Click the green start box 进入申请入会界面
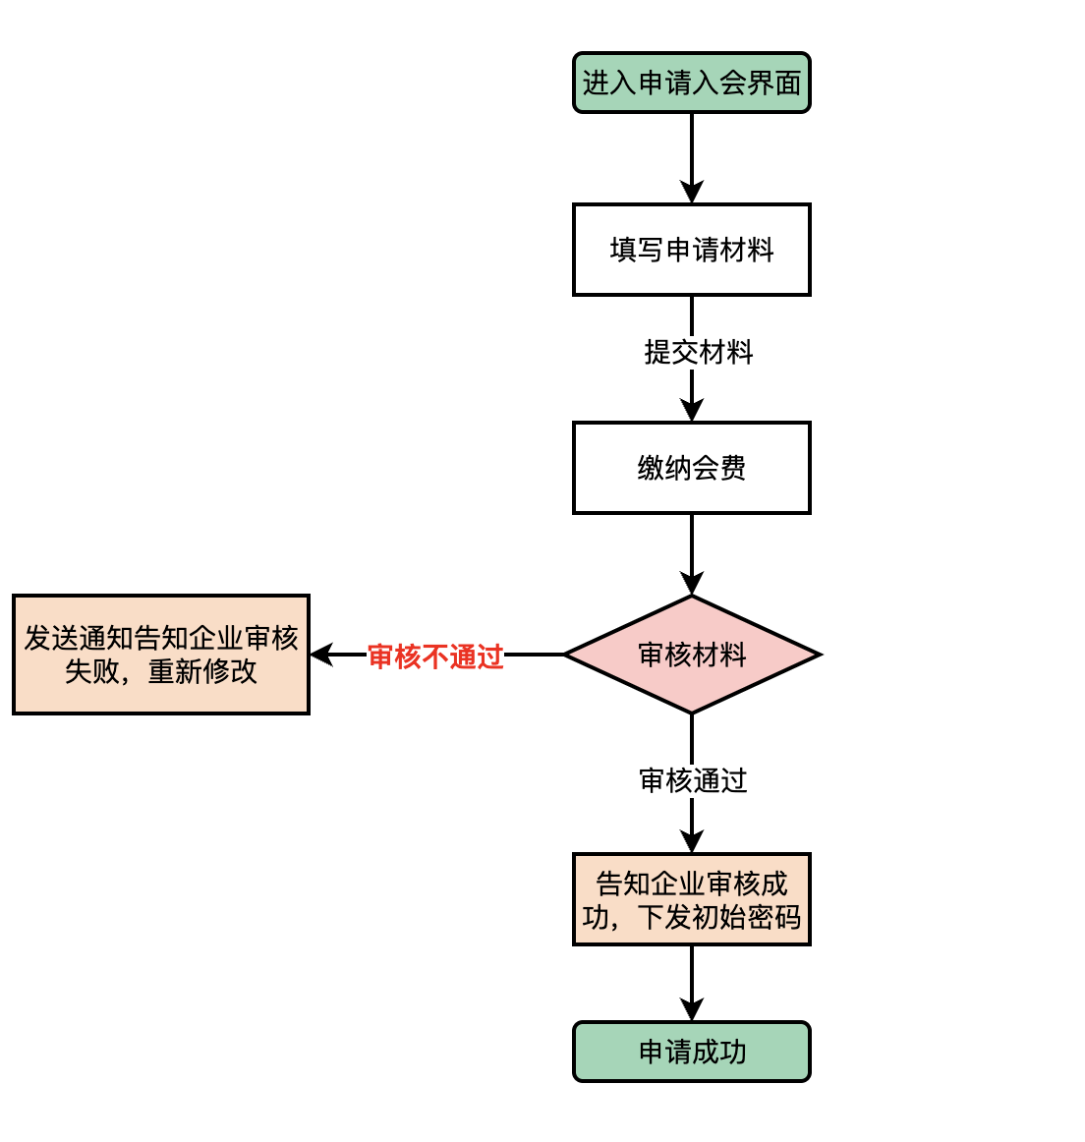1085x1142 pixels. point(691,83)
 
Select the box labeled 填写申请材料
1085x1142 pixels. point(691,250)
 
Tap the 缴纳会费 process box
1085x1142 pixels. point(691,468)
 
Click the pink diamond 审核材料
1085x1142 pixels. point(691,655)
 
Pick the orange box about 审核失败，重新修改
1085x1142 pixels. point(161,655)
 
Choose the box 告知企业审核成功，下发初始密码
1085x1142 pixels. point(691,899)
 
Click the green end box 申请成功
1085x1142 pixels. point(691,1052)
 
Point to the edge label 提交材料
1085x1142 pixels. point(698,352)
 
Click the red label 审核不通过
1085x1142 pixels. point(435,657)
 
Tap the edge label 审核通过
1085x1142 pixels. point(693,780)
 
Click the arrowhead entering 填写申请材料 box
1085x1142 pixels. point(692,193)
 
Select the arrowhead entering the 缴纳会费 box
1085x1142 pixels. point(692,411)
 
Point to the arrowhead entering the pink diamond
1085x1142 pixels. point(692,584)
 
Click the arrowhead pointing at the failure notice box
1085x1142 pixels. point(322,655)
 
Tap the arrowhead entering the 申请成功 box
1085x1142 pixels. point(692,1010)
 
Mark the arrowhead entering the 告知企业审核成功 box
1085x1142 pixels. point(692,842)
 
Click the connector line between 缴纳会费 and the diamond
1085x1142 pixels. point(692,545)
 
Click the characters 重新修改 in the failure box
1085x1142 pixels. point(202,671)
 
